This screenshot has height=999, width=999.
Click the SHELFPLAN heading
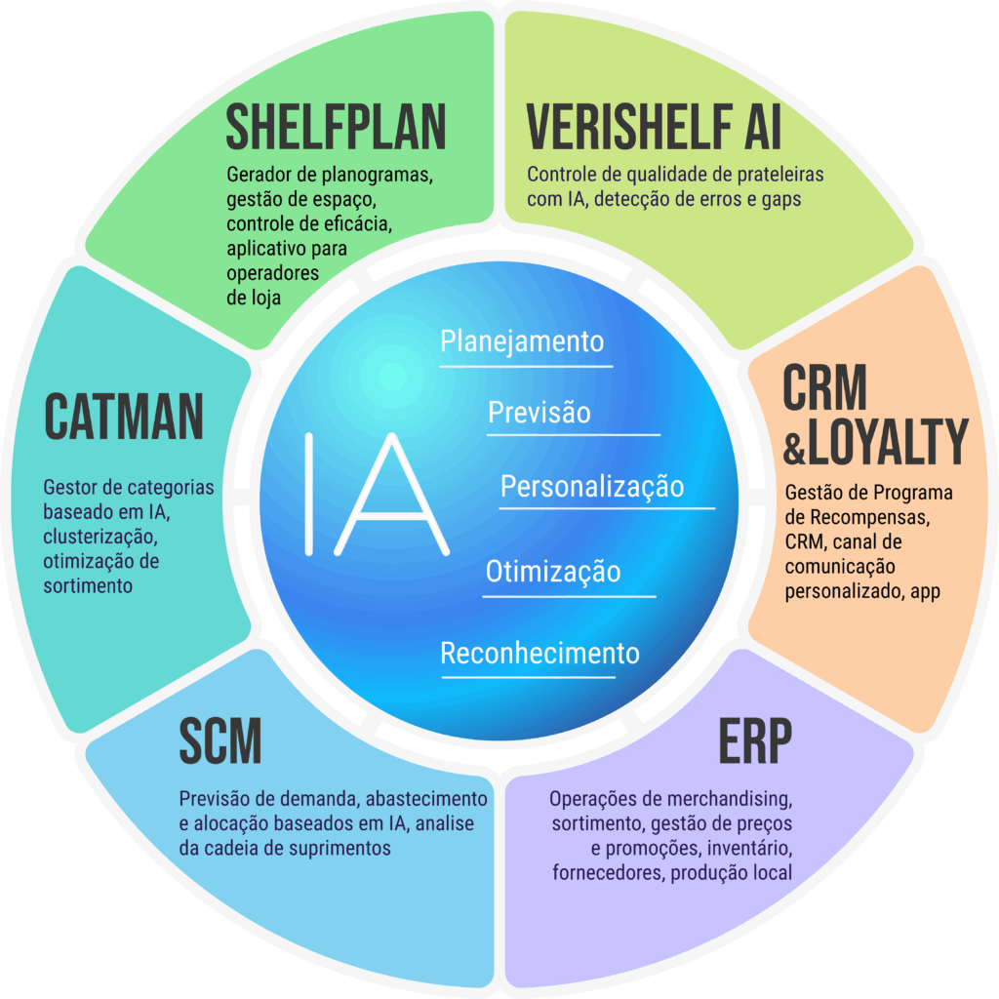click(336, 127)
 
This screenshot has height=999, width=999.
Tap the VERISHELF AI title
click(653, 127)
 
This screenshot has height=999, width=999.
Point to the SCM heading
click(220, 740)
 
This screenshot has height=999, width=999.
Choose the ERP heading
click(756, 740)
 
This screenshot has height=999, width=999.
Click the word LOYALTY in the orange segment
click(888, 441)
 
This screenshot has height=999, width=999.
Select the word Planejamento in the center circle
click(522, 341)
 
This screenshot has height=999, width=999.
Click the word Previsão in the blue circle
click(539, 413)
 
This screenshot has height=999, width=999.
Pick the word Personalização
click(592, 487)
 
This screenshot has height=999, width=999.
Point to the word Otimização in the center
click(553, 571)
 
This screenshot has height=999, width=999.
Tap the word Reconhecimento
click(539, 653)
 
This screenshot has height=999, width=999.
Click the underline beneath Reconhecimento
click(528, 677)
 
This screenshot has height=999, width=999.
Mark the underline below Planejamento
click(526, 367)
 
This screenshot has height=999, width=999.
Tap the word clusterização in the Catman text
click(100, 537)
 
